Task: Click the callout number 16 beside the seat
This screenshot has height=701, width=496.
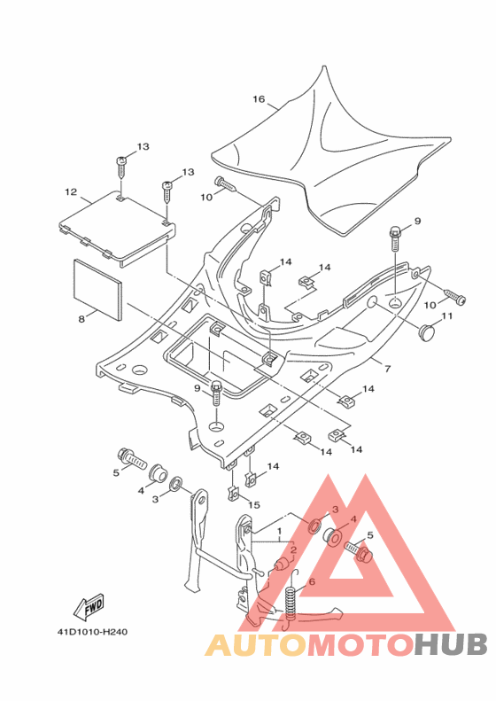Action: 259,99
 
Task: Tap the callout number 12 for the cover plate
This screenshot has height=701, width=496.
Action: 71,191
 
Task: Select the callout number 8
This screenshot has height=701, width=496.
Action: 81,319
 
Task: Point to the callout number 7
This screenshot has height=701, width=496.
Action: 387,369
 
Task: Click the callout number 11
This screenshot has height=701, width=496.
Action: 447,316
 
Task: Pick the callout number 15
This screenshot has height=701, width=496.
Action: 254,505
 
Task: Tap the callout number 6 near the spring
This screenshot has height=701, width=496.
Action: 312,581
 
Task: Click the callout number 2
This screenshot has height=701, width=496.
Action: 293,549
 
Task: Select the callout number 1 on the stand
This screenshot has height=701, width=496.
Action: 279,531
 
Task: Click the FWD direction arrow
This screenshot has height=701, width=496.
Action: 89,607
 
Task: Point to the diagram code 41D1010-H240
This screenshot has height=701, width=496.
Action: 92,632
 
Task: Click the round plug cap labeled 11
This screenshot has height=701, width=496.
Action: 428,332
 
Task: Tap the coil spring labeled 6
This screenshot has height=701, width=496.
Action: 291,596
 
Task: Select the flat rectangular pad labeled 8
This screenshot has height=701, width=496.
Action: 97,290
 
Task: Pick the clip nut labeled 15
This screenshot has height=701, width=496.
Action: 233,493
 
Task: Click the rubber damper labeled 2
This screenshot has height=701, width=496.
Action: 281,565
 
